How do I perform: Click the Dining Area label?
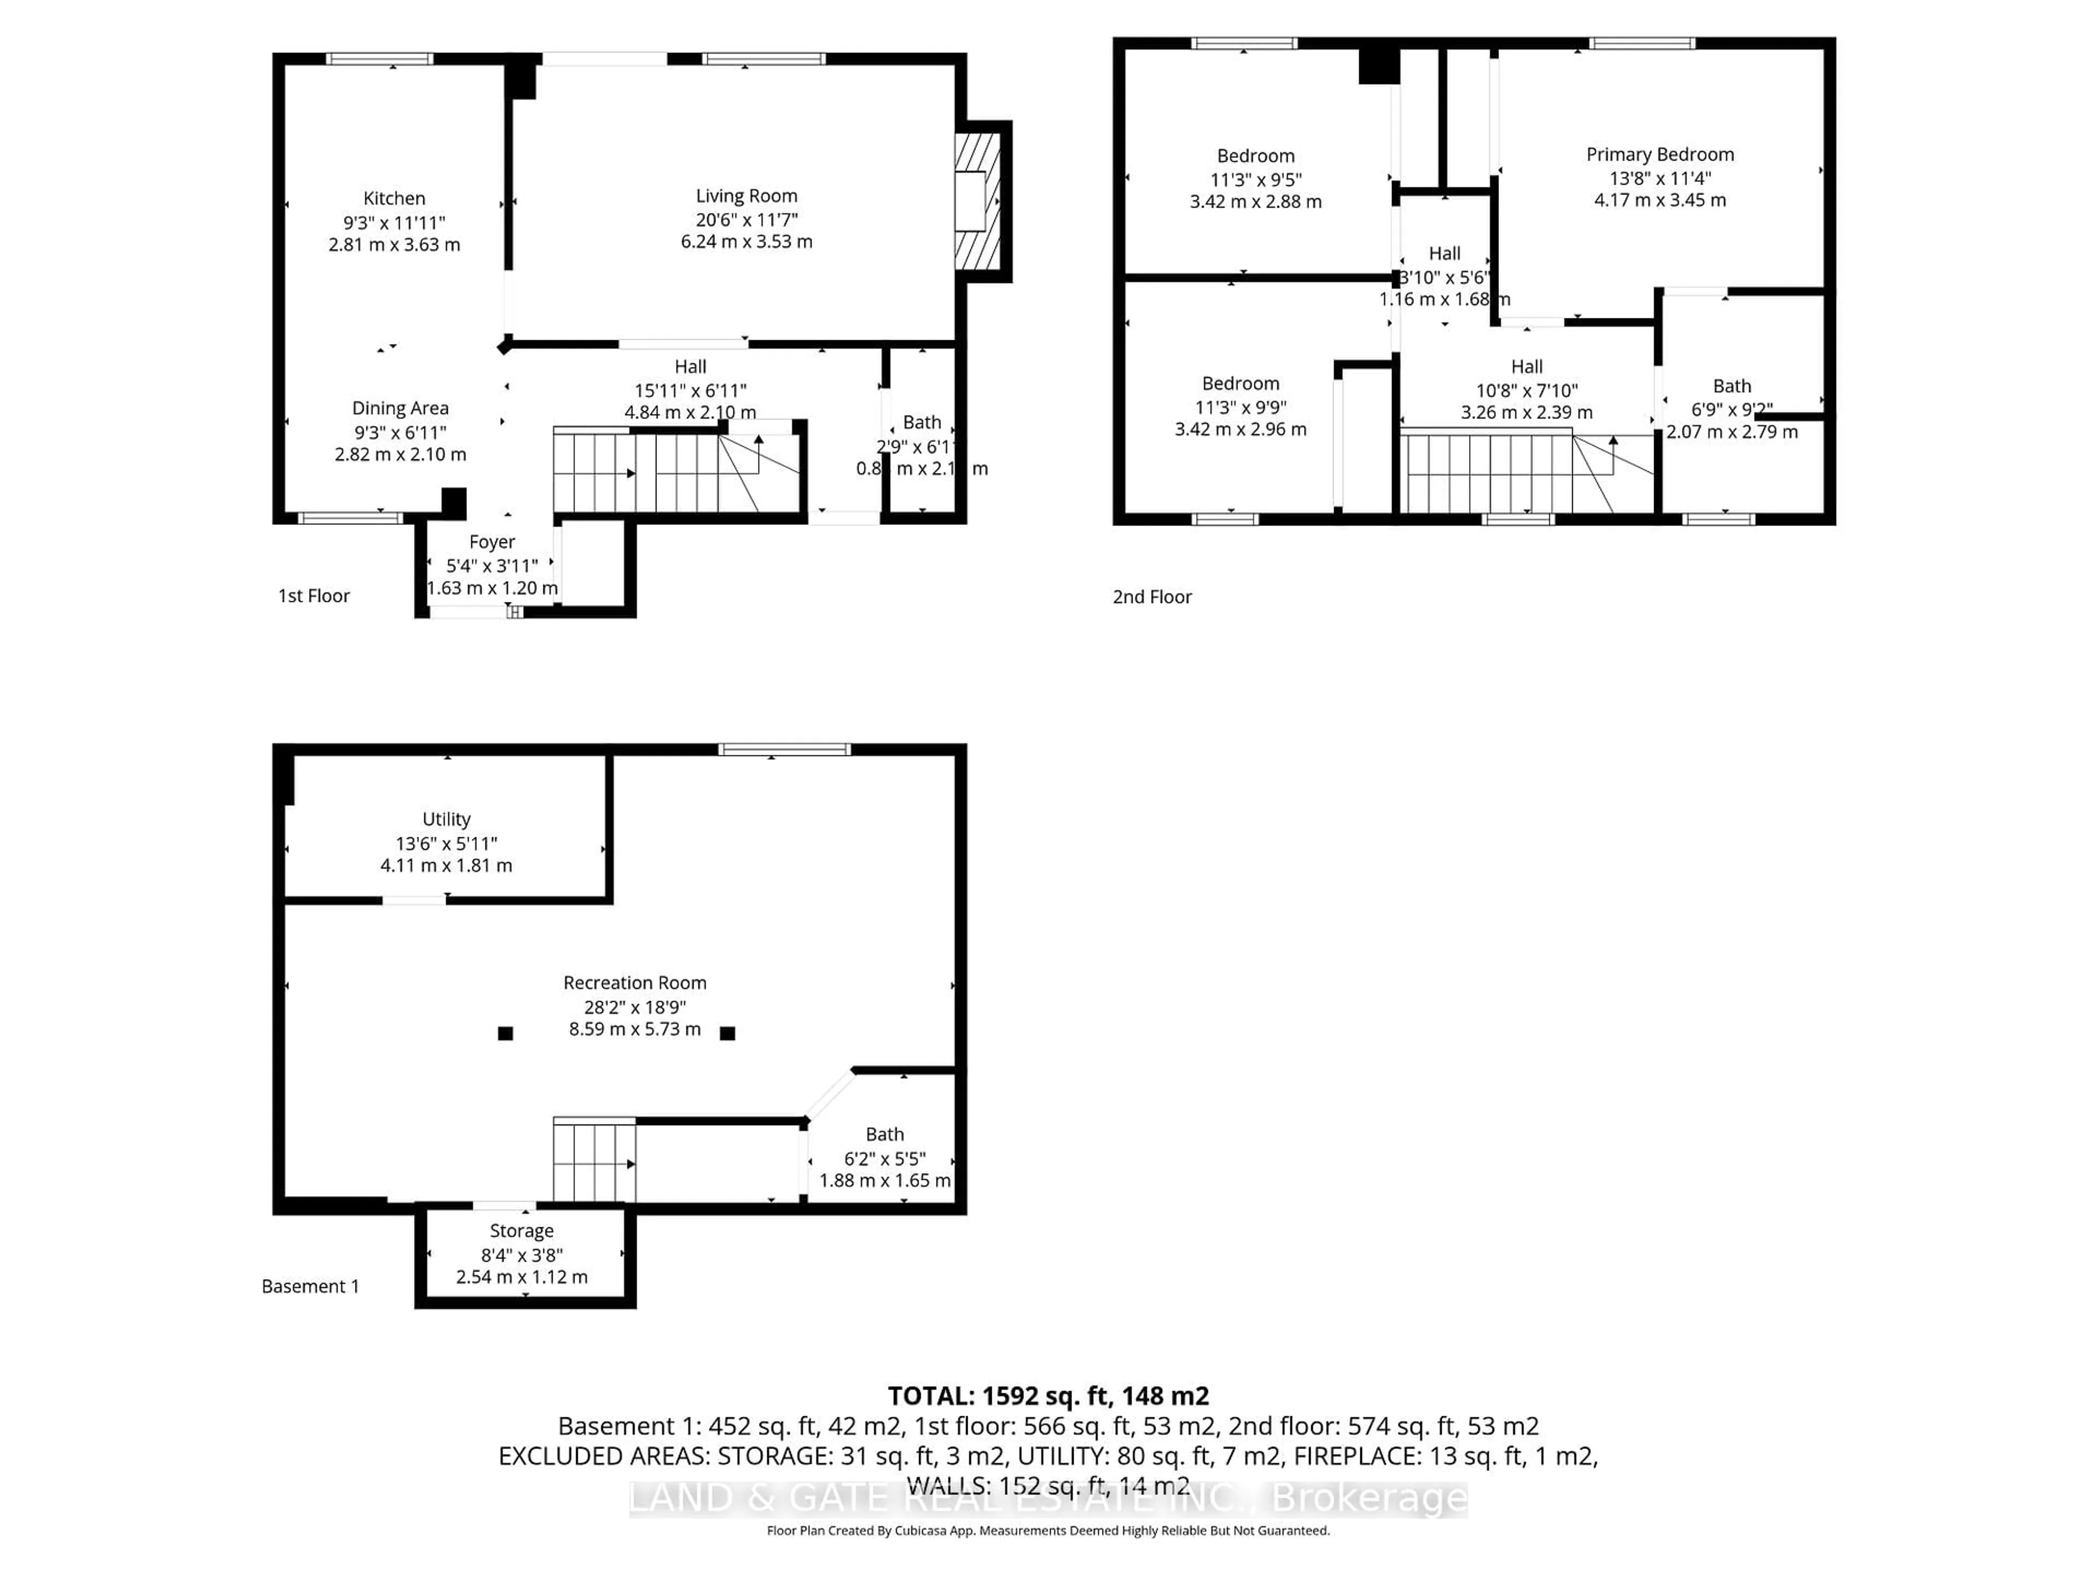click(400, 407)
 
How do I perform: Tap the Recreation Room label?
click(634, 982)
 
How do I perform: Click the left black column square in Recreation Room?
click(505, 1033)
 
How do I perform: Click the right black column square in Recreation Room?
click(727, 1033)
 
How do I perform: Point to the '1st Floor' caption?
click(314, 595)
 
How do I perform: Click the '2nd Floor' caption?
click(1152, 596)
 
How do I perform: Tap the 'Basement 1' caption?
click(310, 1286)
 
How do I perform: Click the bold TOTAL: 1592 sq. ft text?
click(1047, 1395)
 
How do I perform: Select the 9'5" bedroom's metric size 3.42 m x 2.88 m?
click(1255, 201)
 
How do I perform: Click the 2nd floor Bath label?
click(1731, 386)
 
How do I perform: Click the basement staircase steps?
click(594, 1162)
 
